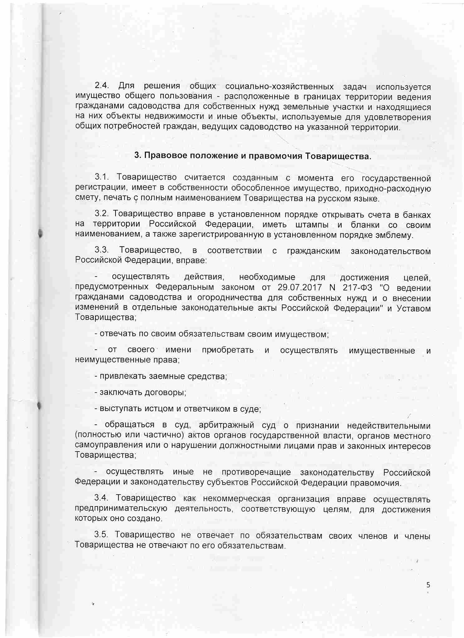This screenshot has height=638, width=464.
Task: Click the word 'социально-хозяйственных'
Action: [279, 86]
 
